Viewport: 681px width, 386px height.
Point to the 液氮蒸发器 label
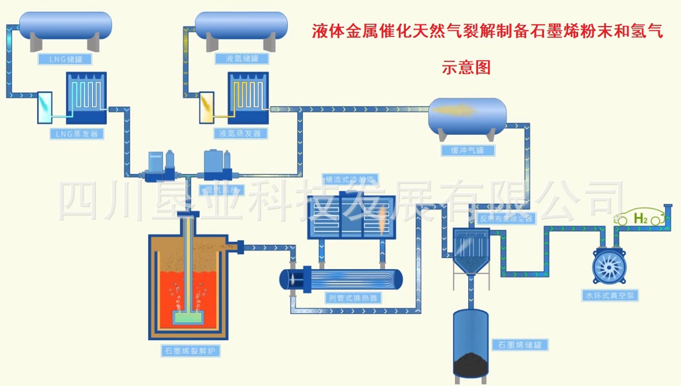coord(241,134)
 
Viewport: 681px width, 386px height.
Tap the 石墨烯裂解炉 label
coord(188,351)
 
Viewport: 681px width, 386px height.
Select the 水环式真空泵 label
coord(610,296)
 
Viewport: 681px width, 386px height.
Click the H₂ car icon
coord(639,218)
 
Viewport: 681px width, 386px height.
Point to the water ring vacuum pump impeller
coord(610,267)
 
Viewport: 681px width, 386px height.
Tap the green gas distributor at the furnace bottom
coord(189,317)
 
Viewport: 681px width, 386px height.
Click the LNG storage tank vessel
coord(65,25)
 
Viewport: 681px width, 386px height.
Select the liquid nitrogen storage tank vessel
coord(241,25)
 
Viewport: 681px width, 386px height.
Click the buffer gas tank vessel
coord(467,114)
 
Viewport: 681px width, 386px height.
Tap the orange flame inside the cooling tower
coord(382,221)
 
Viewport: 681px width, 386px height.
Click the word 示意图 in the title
coord(466,68)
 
